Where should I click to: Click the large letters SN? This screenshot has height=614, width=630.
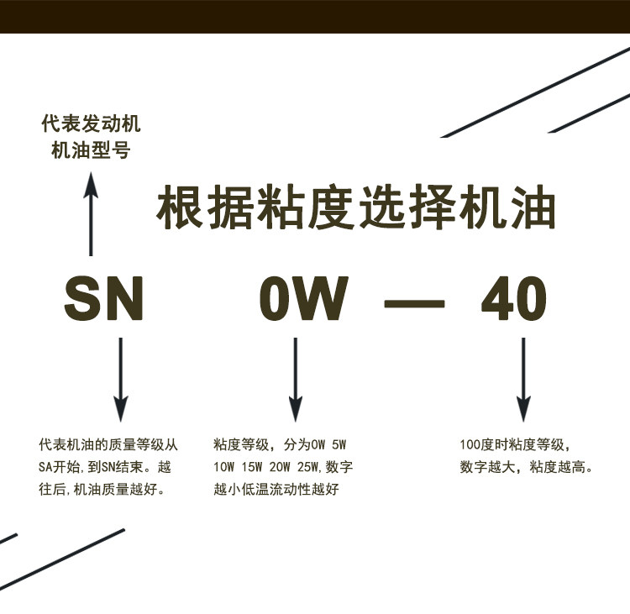104,299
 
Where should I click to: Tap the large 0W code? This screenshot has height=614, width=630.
304,299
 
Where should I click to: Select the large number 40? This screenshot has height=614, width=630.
513,299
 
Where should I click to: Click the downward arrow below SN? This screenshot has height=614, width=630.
121,378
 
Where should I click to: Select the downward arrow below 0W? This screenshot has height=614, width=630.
295,378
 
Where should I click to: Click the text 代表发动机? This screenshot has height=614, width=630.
92,125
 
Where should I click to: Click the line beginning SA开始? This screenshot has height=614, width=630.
109,467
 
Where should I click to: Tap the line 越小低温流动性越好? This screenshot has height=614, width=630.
276,490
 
